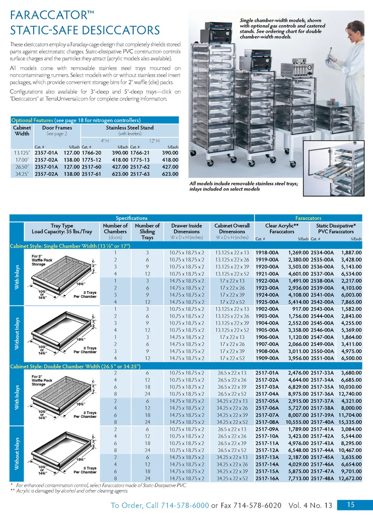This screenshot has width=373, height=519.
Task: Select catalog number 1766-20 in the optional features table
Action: [x=91, y=153]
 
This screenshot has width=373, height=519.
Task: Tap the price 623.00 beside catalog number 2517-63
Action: [x=170, y=174]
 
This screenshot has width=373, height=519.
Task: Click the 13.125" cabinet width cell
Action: [x=22, y=153]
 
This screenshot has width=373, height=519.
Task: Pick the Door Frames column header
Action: [x=57, y=128]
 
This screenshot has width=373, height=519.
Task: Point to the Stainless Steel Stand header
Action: [x=129, y=128]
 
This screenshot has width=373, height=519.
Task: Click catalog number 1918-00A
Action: [x=267, y=253]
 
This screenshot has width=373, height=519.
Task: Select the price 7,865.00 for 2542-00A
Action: [x=351, y=302]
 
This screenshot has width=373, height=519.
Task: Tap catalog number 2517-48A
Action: [x=322, y=479]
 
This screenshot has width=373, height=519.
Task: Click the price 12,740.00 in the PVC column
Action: [x=350, y=394]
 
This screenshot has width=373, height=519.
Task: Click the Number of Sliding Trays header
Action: [x=147, y=231]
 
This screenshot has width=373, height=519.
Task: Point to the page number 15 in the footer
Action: [x=350, y=505]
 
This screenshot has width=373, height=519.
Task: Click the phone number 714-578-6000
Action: [x=185, y=505]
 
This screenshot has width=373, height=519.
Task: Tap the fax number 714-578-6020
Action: [x=257, y=505]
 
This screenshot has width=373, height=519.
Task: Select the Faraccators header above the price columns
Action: [x=308, y=218]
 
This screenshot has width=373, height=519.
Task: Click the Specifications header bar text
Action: [x=131, y=218]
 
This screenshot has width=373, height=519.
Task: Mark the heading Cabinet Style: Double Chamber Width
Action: [x=75, y=366]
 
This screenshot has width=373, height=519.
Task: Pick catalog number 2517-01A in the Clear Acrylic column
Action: [x=267, y=373]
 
